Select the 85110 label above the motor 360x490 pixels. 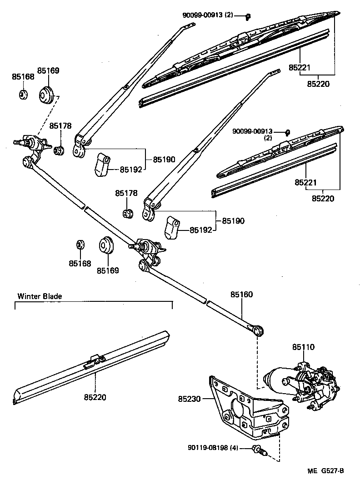303,347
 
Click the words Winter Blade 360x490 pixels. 40,296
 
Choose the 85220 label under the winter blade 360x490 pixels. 95,397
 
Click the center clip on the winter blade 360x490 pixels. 94,360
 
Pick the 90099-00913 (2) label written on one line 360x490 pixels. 208,15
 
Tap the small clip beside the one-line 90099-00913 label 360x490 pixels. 248,17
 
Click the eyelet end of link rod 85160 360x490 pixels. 259,330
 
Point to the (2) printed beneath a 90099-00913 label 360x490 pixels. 268,138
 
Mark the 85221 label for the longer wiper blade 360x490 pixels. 299,68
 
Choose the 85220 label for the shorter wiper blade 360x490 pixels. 323,198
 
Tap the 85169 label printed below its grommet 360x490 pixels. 107,270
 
